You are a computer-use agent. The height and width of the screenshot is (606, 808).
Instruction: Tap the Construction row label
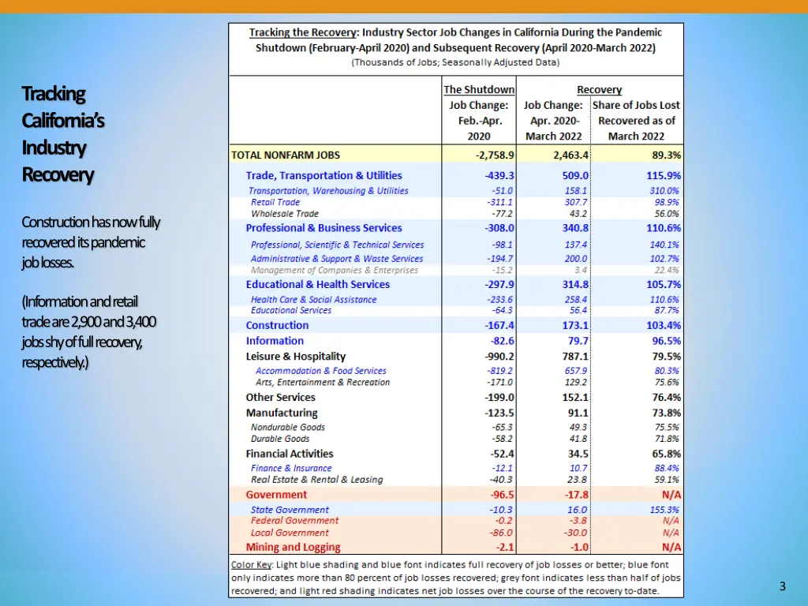tap(277, 325)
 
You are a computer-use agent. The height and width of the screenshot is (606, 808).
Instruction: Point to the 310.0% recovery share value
tap(664, 191)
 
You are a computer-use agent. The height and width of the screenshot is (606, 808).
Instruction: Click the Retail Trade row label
tap(275, 202)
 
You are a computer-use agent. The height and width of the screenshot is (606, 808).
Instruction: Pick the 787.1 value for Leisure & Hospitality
tap(574, 357)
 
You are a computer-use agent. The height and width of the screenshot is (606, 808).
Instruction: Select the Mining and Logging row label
tap(293, 547)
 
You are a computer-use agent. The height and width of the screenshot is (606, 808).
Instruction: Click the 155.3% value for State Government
tap(664, 510)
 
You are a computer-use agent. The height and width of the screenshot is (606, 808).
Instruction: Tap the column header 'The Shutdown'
tap(479, 90)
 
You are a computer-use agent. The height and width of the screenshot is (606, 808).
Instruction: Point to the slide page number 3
tap(782, 585)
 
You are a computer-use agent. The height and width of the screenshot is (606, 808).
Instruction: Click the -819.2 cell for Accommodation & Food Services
tap(499, 371)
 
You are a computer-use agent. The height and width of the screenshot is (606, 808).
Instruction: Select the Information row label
tap(275, 341)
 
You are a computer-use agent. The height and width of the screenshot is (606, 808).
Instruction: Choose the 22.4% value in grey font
tap(666, 271)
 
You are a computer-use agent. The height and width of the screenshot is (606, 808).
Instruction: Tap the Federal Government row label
tap(294, 521)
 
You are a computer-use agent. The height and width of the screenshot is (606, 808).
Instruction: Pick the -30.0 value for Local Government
tap(575, 533)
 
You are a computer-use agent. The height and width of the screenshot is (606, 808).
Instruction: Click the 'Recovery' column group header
tap(599, 90)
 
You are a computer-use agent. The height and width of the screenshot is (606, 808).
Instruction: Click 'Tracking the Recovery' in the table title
tap(303, 33)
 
